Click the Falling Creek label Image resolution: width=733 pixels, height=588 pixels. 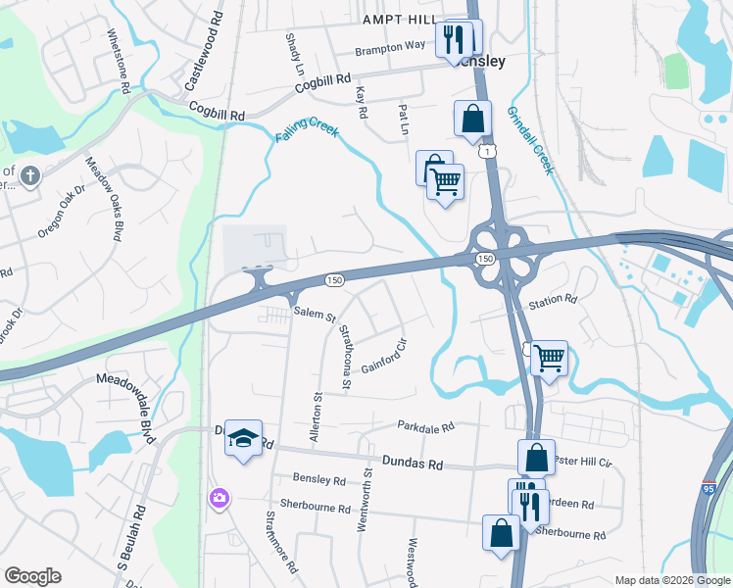tap(307, 133)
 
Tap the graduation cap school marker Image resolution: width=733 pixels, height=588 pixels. tap(243, 438)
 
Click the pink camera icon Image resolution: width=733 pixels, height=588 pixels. tap(218, 499)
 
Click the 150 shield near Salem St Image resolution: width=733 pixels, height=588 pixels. tap(334, 280)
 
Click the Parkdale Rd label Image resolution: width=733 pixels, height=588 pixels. tap(426, 427)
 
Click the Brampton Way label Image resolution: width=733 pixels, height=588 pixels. tap(390, 48)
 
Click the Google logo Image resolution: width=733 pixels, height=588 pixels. tap(32, 576)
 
